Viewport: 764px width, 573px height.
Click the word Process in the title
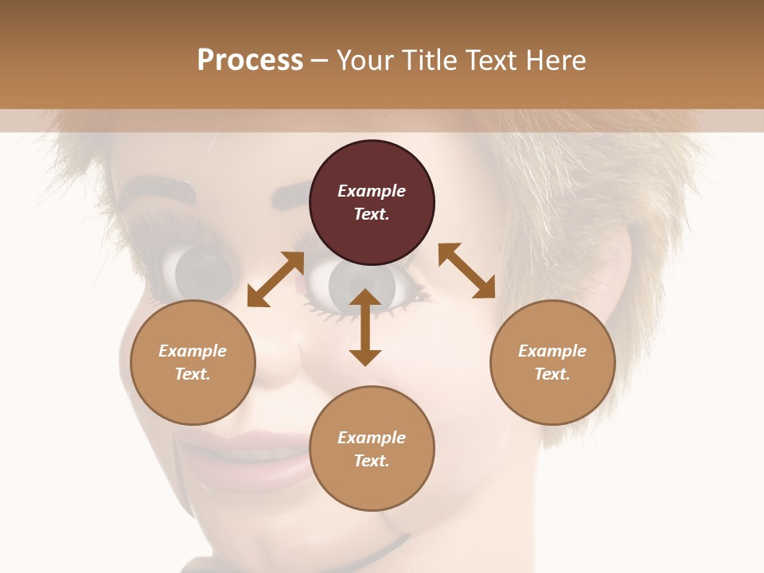(250, 60)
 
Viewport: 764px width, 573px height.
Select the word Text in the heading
(489, 60)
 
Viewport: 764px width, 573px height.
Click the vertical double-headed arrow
(365, 327)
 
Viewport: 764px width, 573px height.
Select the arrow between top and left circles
(275, 279)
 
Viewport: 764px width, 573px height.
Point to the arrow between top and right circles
(467, 271)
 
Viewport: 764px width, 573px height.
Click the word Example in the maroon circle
(372, 191)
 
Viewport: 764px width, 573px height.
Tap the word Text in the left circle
(193, 374)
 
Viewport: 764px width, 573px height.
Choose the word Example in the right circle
(552, 351)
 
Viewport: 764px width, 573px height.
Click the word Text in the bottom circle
(372, 461)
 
